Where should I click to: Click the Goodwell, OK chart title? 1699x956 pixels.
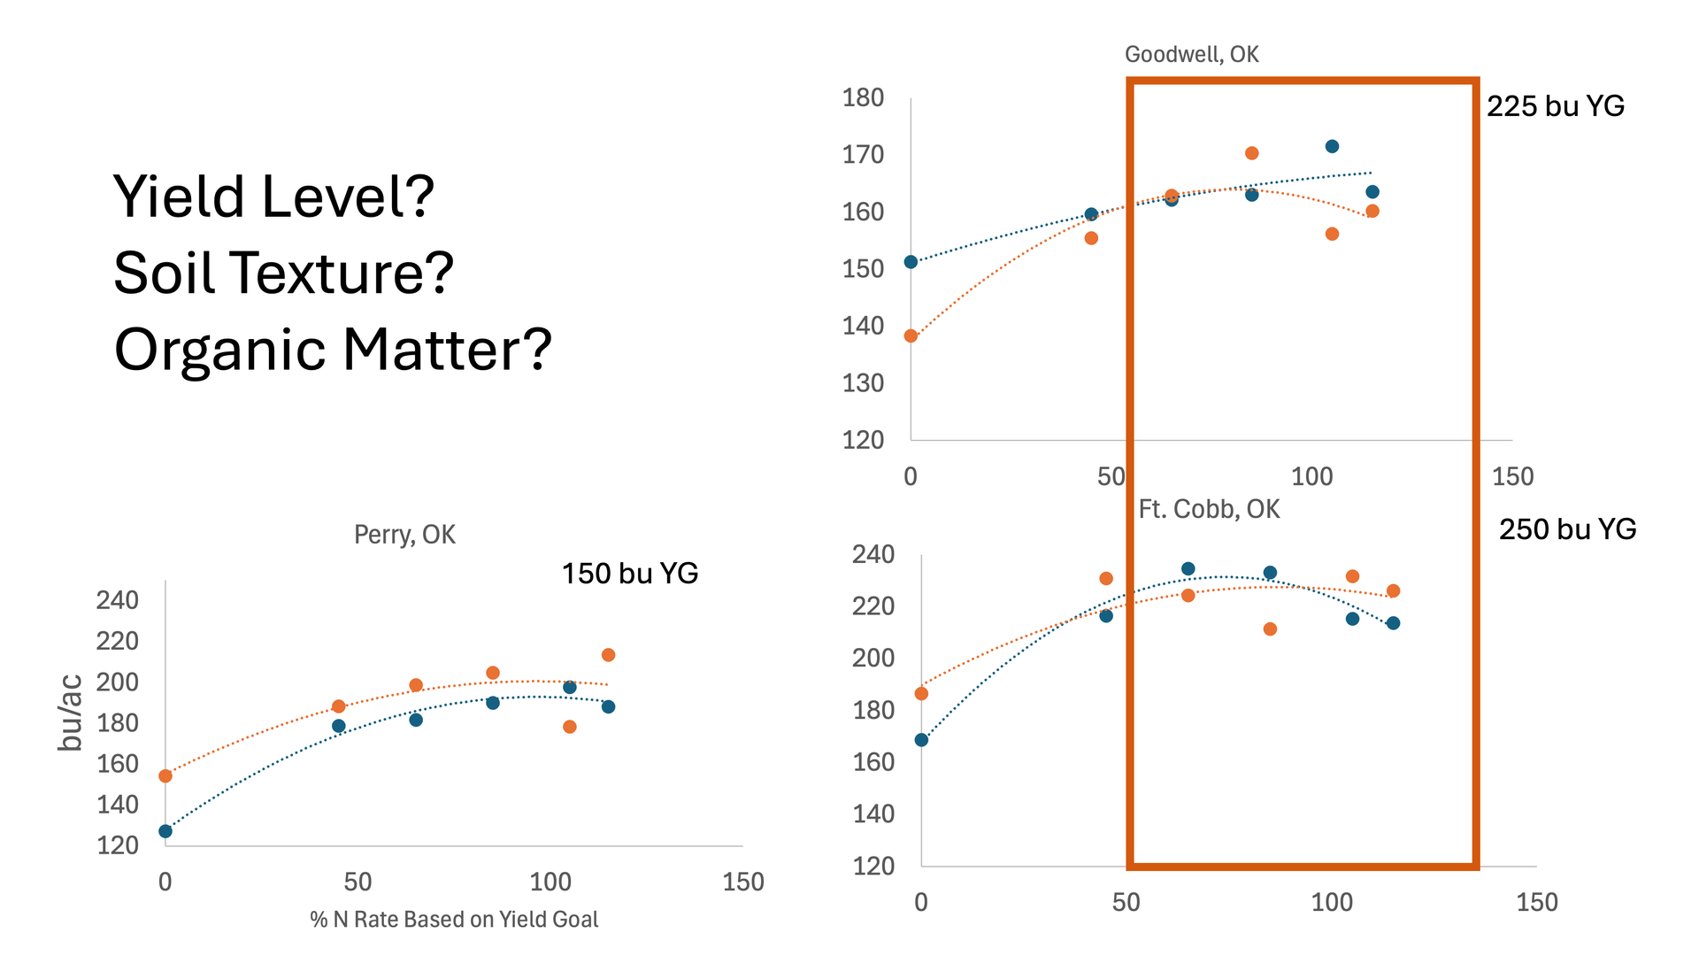coord(1191,55)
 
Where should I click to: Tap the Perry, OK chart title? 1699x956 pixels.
coord(404,535)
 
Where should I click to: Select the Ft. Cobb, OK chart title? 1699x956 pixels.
coord(1209,509)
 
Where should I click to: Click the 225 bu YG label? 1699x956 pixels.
coord(1555,106)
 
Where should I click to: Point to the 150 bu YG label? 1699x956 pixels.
coord(630,574)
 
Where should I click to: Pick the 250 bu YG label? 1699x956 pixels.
coord(1567,529)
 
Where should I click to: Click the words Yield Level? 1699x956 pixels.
coord(274,197)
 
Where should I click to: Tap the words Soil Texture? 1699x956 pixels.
coord(283,273)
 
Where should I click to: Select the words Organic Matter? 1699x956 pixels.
coord(333,350)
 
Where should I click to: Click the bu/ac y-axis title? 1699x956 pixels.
coord(71,713)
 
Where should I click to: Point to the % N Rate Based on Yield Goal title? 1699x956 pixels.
coord(454,920)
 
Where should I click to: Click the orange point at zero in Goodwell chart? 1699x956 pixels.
coord(911,336)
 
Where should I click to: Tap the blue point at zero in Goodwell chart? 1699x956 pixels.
coord(911,262)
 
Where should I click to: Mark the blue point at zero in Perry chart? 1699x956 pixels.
coord(165,831)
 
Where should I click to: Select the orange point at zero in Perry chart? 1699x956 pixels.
coord(165,776)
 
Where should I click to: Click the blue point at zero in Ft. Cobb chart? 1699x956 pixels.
coord(921,740)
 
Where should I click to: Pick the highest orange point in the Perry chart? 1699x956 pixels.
coord(608,655)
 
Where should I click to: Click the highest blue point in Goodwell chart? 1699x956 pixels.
coord(1332,147)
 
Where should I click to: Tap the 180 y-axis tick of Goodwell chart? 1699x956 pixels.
coord(863,98)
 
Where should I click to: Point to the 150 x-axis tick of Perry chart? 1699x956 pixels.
coord(742,882)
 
